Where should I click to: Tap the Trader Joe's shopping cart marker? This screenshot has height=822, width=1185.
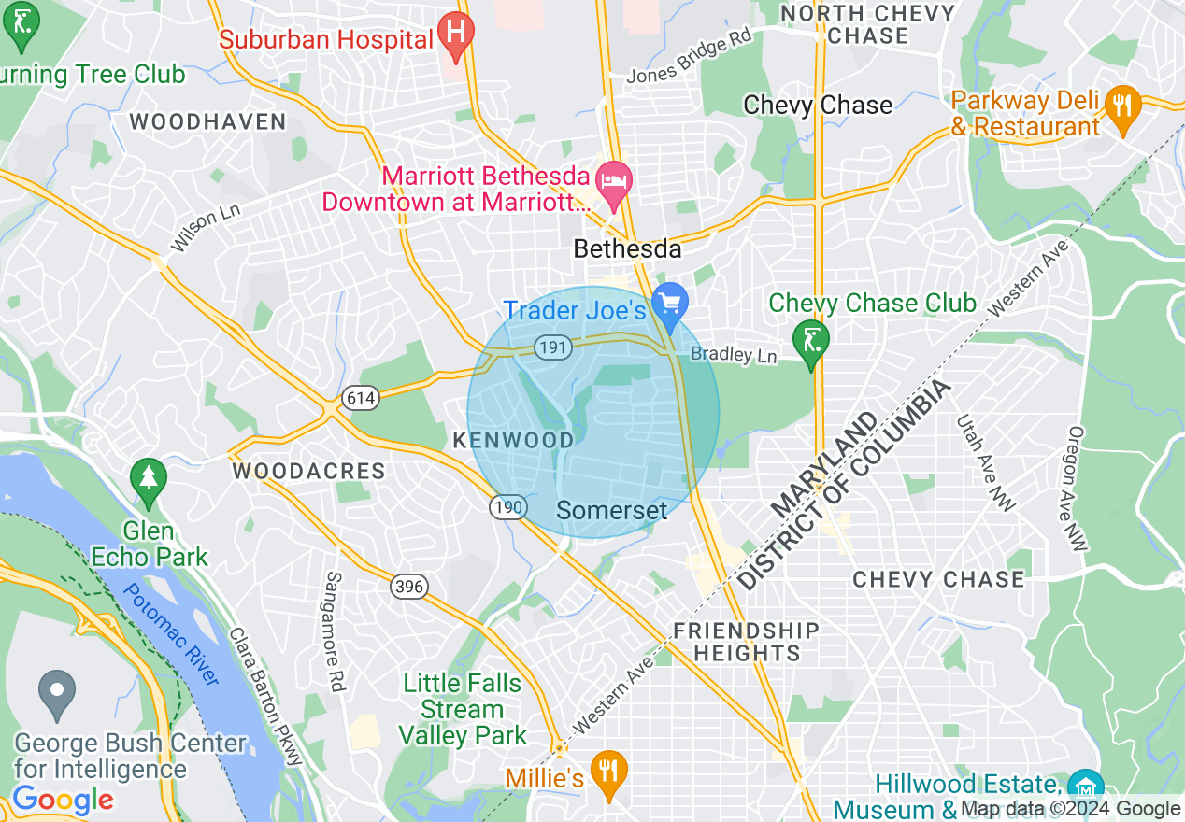(670, 303)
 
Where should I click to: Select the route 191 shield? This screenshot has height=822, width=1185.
(548, 347)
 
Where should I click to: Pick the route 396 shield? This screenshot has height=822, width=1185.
(409, 587)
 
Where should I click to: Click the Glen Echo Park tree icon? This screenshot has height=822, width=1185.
(149, 477)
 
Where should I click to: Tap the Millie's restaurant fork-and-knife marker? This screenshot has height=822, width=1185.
(608, 772)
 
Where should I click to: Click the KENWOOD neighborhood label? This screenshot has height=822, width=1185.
(513, 440)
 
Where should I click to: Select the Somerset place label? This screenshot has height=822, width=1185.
(612, 510)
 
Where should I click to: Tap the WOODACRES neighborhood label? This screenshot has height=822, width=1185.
(308, 471)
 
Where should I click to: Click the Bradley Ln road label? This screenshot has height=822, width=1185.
(734, 355)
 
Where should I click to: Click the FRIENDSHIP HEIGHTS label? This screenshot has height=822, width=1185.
(746, 642)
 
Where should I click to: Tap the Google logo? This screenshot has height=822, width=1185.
(63, 800)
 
